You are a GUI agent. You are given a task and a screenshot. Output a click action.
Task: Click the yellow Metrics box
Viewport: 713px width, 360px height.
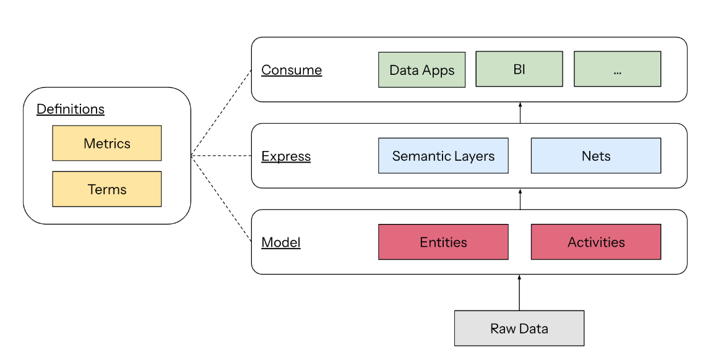point(106,144)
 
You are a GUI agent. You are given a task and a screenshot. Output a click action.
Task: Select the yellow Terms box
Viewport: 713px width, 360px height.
point(106,189)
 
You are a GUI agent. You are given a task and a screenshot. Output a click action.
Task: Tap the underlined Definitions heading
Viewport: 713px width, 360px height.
point(71,109)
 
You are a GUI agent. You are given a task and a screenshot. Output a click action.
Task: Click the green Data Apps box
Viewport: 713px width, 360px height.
point(421,70)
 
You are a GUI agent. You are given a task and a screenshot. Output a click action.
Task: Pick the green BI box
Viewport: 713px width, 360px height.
point(519,69)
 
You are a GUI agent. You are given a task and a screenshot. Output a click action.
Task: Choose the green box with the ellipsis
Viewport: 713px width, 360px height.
point(617,69)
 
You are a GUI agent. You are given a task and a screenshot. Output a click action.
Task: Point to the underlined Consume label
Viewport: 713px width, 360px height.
point(292,70)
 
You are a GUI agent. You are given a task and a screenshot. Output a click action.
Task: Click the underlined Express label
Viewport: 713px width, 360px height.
point(286,156)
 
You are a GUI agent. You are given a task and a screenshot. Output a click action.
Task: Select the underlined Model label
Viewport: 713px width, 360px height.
point(281,242)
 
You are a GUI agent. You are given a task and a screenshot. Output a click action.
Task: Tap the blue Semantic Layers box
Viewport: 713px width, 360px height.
point(443,156)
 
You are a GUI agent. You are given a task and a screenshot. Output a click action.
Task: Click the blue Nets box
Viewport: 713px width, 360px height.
point(595,156)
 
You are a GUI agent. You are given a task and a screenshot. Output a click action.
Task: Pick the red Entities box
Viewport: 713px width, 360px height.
point(443,242)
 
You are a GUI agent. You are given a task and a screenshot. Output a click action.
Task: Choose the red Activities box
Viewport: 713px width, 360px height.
point(595,242)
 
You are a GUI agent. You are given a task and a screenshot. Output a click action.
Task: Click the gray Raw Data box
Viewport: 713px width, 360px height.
point(519,328)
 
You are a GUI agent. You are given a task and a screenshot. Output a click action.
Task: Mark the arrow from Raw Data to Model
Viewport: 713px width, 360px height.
point(519,293)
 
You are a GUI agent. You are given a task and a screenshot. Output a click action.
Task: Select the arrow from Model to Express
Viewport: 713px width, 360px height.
point(519,199)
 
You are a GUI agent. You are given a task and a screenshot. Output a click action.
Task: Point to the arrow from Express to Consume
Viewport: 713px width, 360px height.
point(519,113)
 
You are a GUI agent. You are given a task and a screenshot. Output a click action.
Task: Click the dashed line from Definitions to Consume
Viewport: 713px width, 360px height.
point(221,113)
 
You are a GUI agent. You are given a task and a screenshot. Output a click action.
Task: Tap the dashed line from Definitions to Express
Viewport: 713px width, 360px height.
point(221,156)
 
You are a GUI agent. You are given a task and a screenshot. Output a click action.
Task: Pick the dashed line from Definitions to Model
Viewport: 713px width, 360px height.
point(221,199)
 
